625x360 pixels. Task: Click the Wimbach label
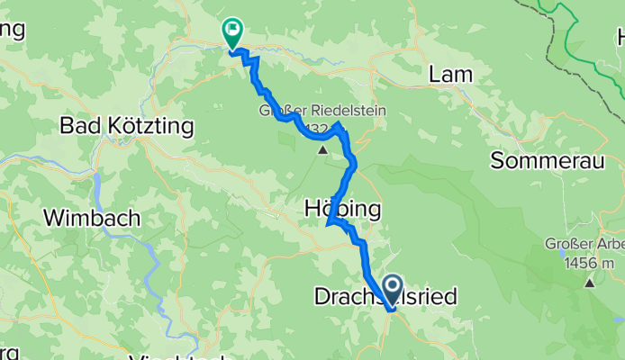[92, 217]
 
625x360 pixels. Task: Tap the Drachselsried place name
[385, 295]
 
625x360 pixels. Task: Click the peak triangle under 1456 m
[590, 283]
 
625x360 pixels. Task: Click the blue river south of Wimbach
[153, 270]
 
